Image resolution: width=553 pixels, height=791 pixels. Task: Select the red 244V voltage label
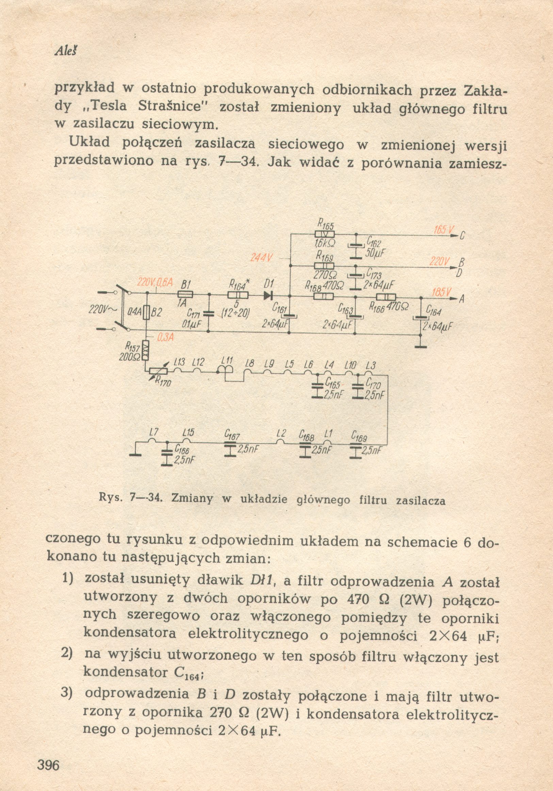(x=262, y=257)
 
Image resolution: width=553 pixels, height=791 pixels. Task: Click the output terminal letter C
(x=462, y=236)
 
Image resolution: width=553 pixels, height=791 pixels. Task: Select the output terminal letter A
(x=461, y=300)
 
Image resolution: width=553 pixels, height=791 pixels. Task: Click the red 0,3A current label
(x=165, y=338)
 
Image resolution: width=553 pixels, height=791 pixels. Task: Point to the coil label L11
(x=227, y=360)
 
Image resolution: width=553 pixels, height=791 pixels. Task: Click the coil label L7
(x=154, y=432)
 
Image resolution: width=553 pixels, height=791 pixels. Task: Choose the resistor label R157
(x=132, y=345)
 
